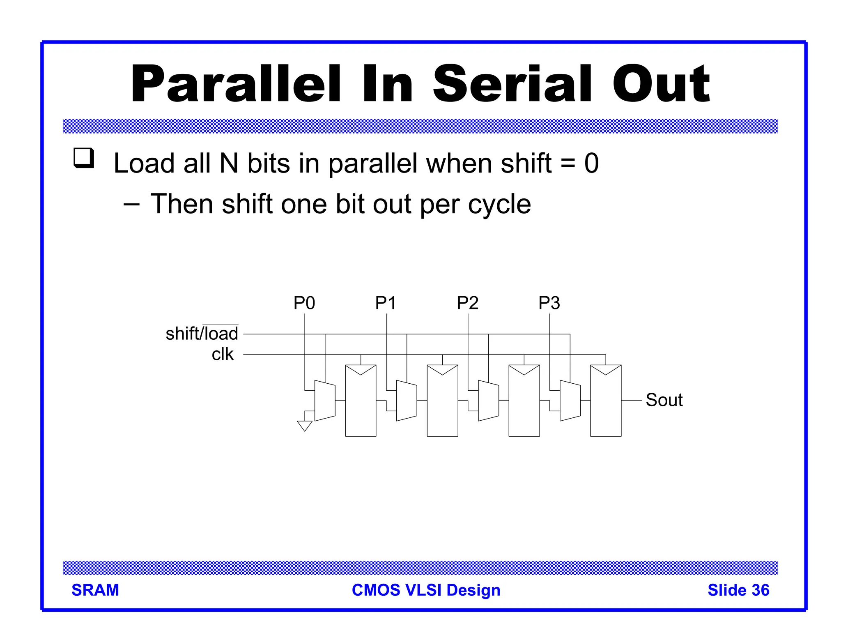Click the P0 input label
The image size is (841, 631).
pyautogui.click(x=304, y=303)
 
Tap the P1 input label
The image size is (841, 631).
pyautogui.click(x=386, y=303)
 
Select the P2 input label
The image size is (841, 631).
pyautogui.click(x=468, y=303)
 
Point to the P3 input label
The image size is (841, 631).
pyautogui.click(x=549, y=303)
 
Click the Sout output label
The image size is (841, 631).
pyautogui.click(x=664, y=400)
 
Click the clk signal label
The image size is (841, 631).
pyautogui.click(x=222, y=354)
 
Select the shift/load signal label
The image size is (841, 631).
pyautogui.click(x=202, y=333)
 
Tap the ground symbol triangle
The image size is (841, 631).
pyautogui.click(x=304, y=426)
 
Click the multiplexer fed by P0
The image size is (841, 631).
pyautogui.click(x=325, y=400)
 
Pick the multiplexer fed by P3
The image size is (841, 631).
pyautogui.click(x=570, y=400)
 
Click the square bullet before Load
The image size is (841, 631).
pyautogui.click(x=84, y=158)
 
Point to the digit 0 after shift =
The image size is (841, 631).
pyautogui.click(x=591, y=163)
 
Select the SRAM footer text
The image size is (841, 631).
pyautogui.click(x=95, y=590)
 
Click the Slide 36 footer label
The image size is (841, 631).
pyautogui.click(x=738, y=590)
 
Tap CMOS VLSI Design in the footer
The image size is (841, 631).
pyautogui.click(x=426, y=590)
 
